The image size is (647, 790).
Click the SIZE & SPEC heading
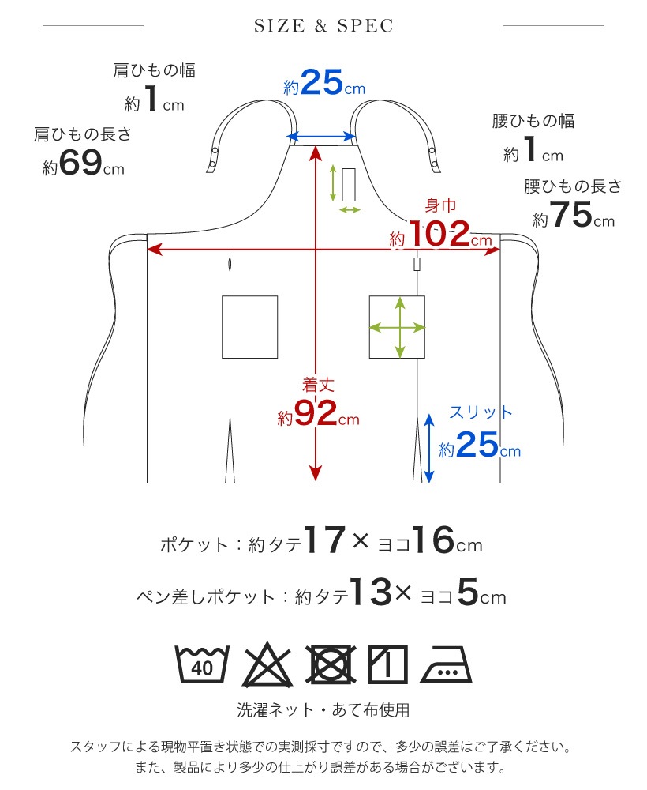323,26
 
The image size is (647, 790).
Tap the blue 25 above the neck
321,82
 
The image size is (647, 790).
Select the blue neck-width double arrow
321,137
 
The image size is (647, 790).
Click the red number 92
316,412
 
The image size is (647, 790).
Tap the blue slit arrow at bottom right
428,448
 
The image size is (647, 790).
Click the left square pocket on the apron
249,327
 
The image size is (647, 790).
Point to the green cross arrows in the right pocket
398,328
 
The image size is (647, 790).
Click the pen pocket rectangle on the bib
349,185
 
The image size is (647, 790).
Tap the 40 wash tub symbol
202,664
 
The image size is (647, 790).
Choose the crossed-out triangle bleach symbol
267,664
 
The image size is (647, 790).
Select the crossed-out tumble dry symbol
331,664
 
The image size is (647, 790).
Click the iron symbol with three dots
446,664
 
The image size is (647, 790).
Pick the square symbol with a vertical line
387,664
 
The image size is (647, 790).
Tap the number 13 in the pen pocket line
372,592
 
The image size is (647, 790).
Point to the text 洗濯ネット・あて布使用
323,710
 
